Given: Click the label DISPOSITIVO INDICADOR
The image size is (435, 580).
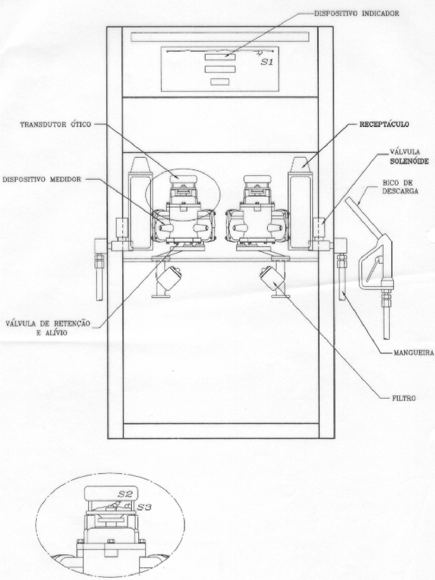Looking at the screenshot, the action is [x=357, y=13].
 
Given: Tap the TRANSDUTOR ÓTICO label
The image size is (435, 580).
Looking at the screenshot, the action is [x=56, y=124].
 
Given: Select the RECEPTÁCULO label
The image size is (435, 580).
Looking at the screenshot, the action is [x=384, y=124].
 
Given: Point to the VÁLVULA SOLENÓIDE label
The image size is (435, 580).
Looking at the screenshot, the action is [x=409, y=157].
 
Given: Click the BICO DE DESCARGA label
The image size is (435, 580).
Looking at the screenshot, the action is [x=400, y=187].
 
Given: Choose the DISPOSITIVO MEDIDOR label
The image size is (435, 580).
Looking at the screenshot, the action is [x=42, y=179].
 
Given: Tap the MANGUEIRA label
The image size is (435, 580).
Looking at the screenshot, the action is [x=414, y=353].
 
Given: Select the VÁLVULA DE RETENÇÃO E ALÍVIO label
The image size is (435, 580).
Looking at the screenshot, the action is [x=48, y=328].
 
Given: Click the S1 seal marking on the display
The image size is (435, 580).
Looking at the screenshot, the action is [x=267, y=62].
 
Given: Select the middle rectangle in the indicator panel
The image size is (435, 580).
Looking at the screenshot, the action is [x=220, y=70].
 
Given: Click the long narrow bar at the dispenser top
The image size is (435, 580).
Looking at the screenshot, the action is [x=220, y=37].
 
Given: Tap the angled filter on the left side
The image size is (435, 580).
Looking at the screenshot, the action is [x=169, y=278].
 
